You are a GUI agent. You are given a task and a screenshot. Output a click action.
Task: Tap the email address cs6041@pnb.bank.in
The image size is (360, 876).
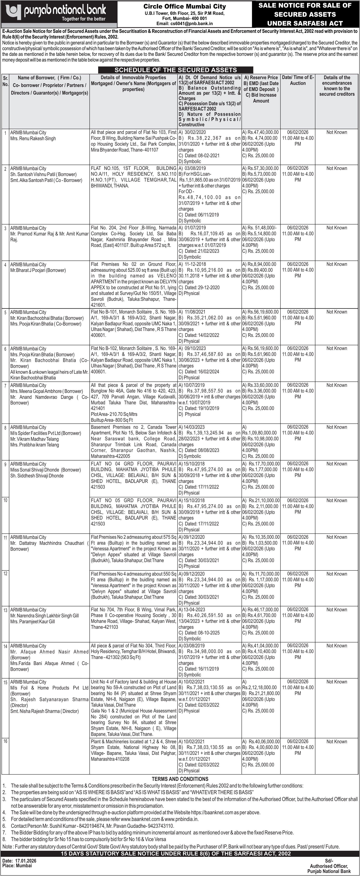coord(185,24)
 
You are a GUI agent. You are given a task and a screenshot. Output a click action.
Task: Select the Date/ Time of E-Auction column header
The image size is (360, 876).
coord(298,80)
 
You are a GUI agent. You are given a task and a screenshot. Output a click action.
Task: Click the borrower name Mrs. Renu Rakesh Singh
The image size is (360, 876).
coord(33,138)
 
